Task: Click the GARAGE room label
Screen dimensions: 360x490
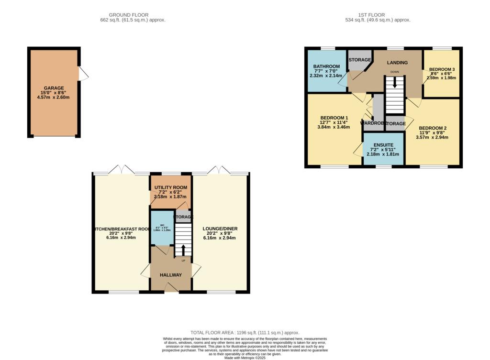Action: [x=54, y=88]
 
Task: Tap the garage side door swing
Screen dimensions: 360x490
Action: [x=84, y=73]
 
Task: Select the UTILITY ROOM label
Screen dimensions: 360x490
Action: [x=170, y=187]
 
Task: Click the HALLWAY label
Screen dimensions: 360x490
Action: [x=170, y=275]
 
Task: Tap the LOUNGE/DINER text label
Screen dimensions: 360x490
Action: [x=220, y=229]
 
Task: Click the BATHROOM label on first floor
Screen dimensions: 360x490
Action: [x=326, y=66]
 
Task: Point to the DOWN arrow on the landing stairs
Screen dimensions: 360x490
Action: [x=394, y=82]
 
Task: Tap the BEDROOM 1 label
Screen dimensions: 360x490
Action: [x=334, y=118]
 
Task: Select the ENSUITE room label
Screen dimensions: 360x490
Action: [x=383, y=144]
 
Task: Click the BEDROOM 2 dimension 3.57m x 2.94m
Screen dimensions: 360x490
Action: [x=432, y=137]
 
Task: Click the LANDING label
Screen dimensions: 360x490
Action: [x=397, y=63]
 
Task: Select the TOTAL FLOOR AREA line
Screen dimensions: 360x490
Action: [x=245, y=332]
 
